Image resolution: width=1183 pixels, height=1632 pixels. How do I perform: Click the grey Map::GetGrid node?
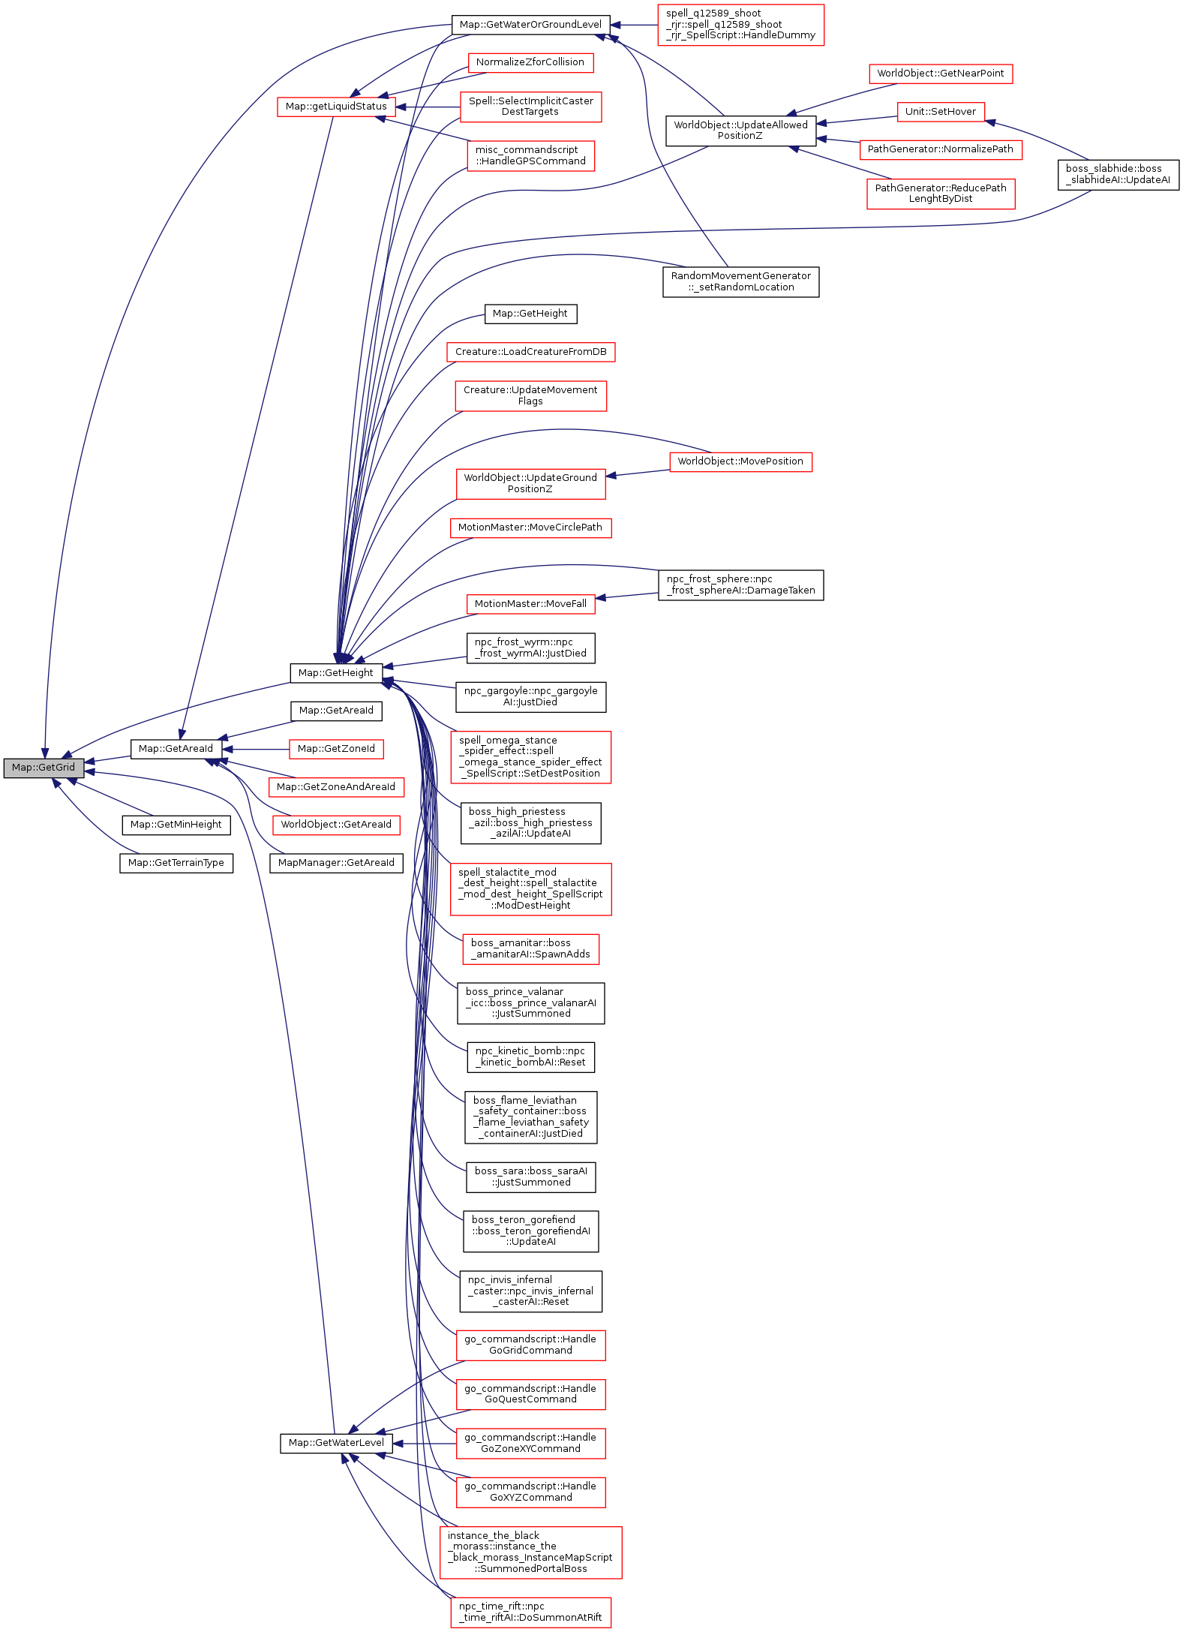[44, 768]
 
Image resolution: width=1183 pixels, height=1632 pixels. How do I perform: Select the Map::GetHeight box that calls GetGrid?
[335, 673]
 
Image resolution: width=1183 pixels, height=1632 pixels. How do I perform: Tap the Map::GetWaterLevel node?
[336, 1443]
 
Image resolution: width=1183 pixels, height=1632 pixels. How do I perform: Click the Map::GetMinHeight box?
[176, 825]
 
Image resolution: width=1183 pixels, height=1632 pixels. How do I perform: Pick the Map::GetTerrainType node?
[176, 863]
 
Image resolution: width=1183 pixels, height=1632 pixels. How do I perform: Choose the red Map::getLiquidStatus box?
[336, 107]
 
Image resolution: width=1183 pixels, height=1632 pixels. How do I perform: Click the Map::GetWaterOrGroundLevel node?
[530, 25]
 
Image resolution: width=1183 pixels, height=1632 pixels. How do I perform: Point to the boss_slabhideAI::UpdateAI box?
[1118, 175]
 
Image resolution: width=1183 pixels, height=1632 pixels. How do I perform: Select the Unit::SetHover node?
[941, 112]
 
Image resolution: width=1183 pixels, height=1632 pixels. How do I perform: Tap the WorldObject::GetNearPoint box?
[941, 74]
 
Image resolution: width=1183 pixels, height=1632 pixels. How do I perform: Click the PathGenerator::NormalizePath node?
[941, 149]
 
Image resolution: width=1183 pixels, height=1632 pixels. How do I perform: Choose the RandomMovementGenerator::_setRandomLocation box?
[740, 282]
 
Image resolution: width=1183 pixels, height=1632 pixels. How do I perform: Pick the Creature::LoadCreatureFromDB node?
[530, 352]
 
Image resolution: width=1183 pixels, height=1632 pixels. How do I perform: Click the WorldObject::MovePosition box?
[740, 461]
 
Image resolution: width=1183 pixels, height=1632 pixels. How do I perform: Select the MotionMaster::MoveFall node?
[530, 604]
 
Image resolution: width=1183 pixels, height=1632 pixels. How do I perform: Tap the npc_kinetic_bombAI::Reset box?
[530, 1057]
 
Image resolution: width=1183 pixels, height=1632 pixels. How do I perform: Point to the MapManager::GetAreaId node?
[336, 863]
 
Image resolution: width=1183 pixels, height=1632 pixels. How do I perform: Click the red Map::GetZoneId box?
[336, 749]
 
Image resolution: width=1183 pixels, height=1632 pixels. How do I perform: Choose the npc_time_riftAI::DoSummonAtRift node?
[530, 1612]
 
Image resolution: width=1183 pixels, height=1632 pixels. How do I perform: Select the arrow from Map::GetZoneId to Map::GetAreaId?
[255, 749]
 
